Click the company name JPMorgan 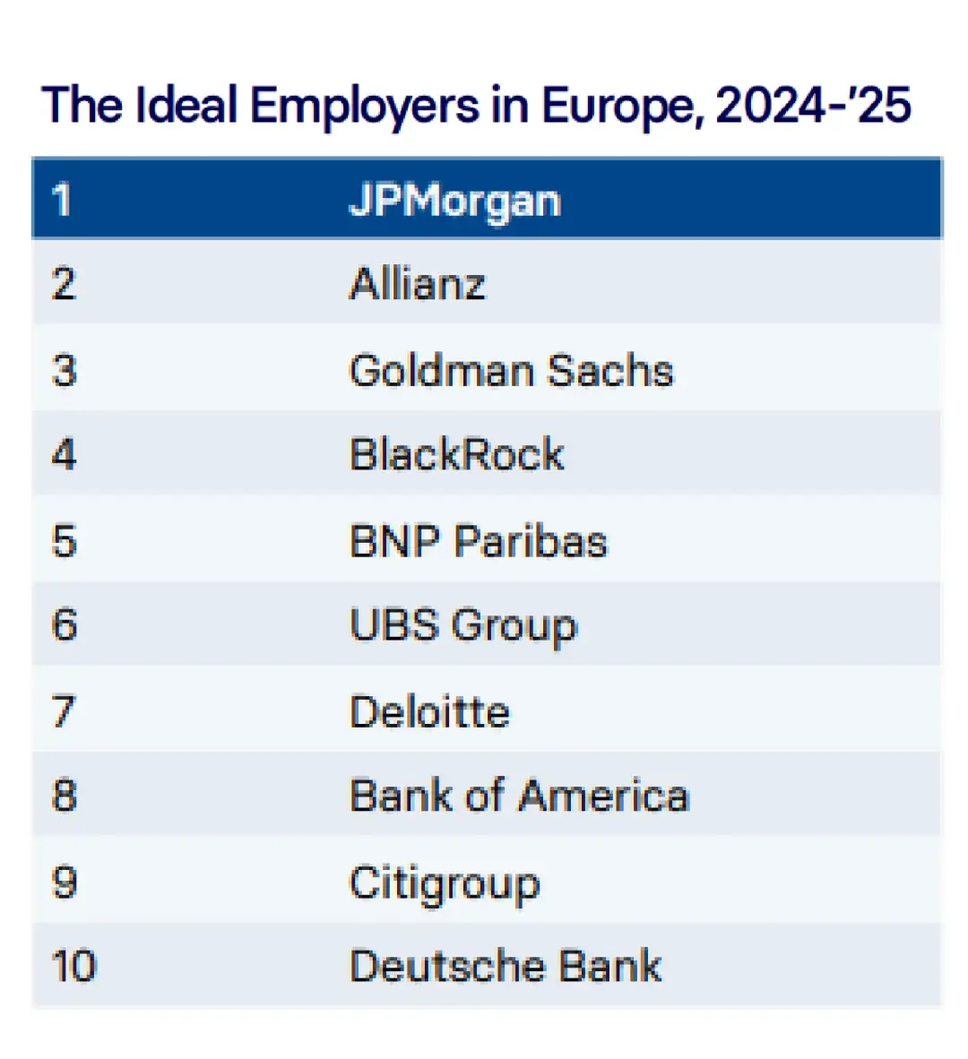coord(454,200)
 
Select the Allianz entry coord(417,284)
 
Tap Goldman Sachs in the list coord(511,370)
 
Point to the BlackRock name coord(456,454)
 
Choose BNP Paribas coord(478,541)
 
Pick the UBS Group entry coord(463,625)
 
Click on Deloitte coord(429,711)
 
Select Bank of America coord(519,796)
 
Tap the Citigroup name coord(445,883)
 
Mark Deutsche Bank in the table coord(506,966)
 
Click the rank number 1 coord(61,200)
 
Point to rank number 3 coord(64,370)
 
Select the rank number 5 coord(64,541)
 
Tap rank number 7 coord(64,711)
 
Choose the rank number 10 coord(73,966)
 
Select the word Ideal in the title coord(187,105)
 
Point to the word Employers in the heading coord(365,107)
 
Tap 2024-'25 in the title coord(813,105)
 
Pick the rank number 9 coord(64,882)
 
